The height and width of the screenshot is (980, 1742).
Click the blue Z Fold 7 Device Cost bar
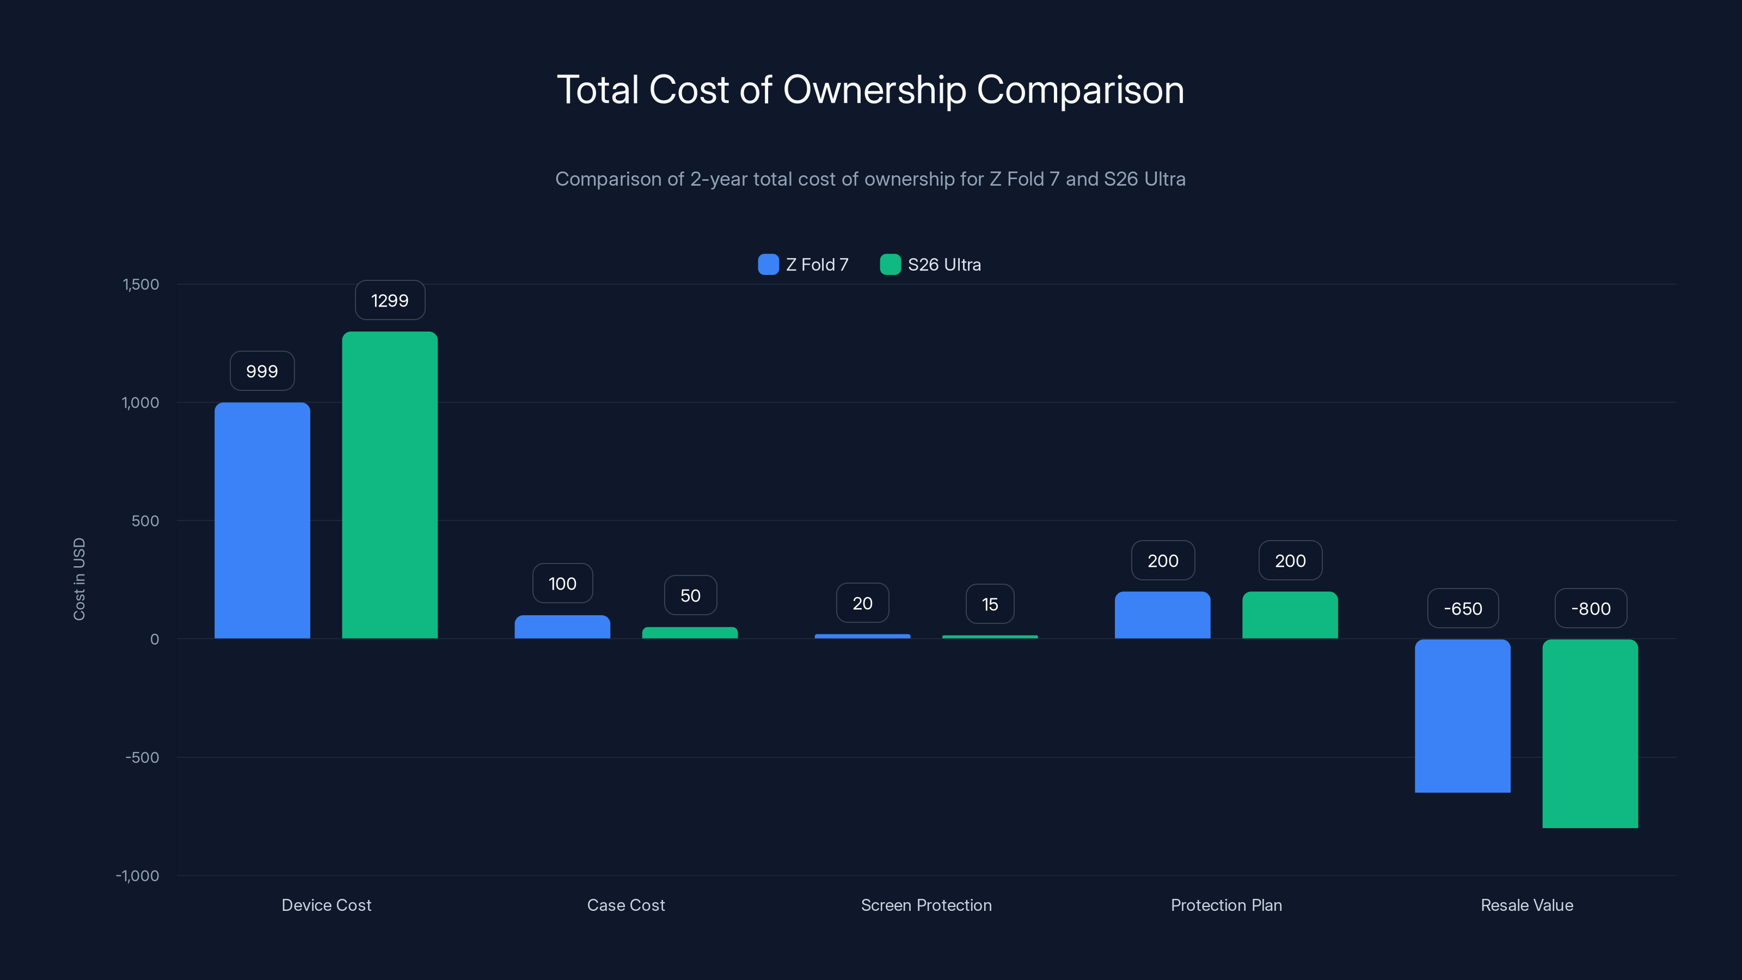pos(262,521)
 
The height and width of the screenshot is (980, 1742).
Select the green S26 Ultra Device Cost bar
pos(390,485)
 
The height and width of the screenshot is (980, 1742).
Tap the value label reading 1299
pos(390,301)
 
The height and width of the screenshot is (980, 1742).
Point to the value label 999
pos(262,371)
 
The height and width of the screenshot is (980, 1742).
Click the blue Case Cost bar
pos(562,627)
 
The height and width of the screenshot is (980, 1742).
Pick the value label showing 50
pos(690,595)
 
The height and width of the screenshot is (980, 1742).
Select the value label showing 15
pos(989,604)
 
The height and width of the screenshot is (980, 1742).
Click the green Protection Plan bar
pos(1290,615)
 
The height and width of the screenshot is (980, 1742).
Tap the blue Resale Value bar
pos(1462,715)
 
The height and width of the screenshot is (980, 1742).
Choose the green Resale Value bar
pos(1590,733)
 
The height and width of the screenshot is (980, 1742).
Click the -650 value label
pos(1463,609)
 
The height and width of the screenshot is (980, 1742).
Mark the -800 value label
pos(1591,609)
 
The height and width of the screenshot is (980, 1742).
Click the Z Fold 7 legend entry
pos(803,265)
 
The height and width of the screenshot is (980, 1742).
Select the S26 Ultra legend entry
pos(930,265)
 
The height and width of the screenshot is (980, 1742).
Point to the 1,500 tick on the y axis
pos(140,284)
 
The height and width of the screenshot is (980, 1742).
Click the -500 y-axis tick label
pos(142,757)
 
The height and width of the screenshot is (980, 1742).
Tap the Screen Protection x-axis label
pos(926,905)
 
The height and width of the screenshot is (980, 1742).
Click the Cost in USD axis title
pos(79,579)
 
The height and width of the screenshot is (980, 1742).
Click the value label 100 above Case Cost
pos(562,583)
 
